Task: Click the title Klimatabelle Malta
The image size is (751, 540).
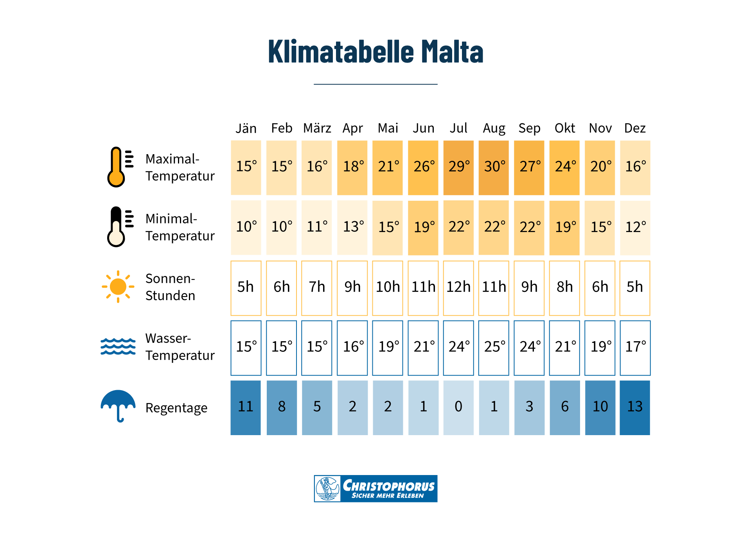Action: tap(375, 52)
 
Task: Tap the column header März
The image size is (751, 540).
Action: tap(317, 128)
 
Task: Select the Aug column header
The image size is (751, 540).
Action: tap(494, 128)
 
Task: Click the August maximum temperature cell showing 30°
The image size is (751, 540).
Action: tap(494, 167)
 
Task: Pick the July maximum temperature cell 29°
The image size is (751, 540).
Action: tap(458, 167)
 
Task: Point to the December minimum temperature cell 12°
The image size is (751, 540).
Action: tap(635, 228)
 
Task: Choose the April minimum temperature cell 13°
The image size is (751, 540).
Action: tap(352, 228)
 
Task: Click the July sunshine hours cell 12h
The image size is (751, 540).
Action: tap(458, 288)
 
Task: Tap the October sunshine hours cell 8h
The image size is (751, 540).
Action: tap(564, 288)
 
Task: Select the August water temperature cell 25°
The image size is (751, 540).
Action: tap(494, 348)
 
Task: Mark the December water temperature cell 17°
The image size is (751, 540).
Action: tap(635, 348)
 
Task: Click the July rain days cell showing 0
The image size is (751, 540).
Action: tap(458, 408)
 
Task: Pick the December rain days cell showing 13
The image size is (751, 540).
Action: tap(635, 408)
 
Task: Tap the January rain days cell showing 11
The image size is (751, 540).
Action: tap(246, 408)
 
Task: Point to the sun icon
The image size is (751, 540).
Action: tap(118, 287)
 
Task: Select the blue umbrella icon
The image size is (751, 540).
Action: tap(118, 405)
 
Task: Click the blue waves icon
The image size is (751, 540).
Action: tap(118, 346)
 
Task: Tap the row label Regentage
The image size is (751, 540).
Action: tap(176, 408)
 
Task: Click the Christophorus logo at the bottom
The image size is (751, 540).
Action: tap(375, 489)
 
